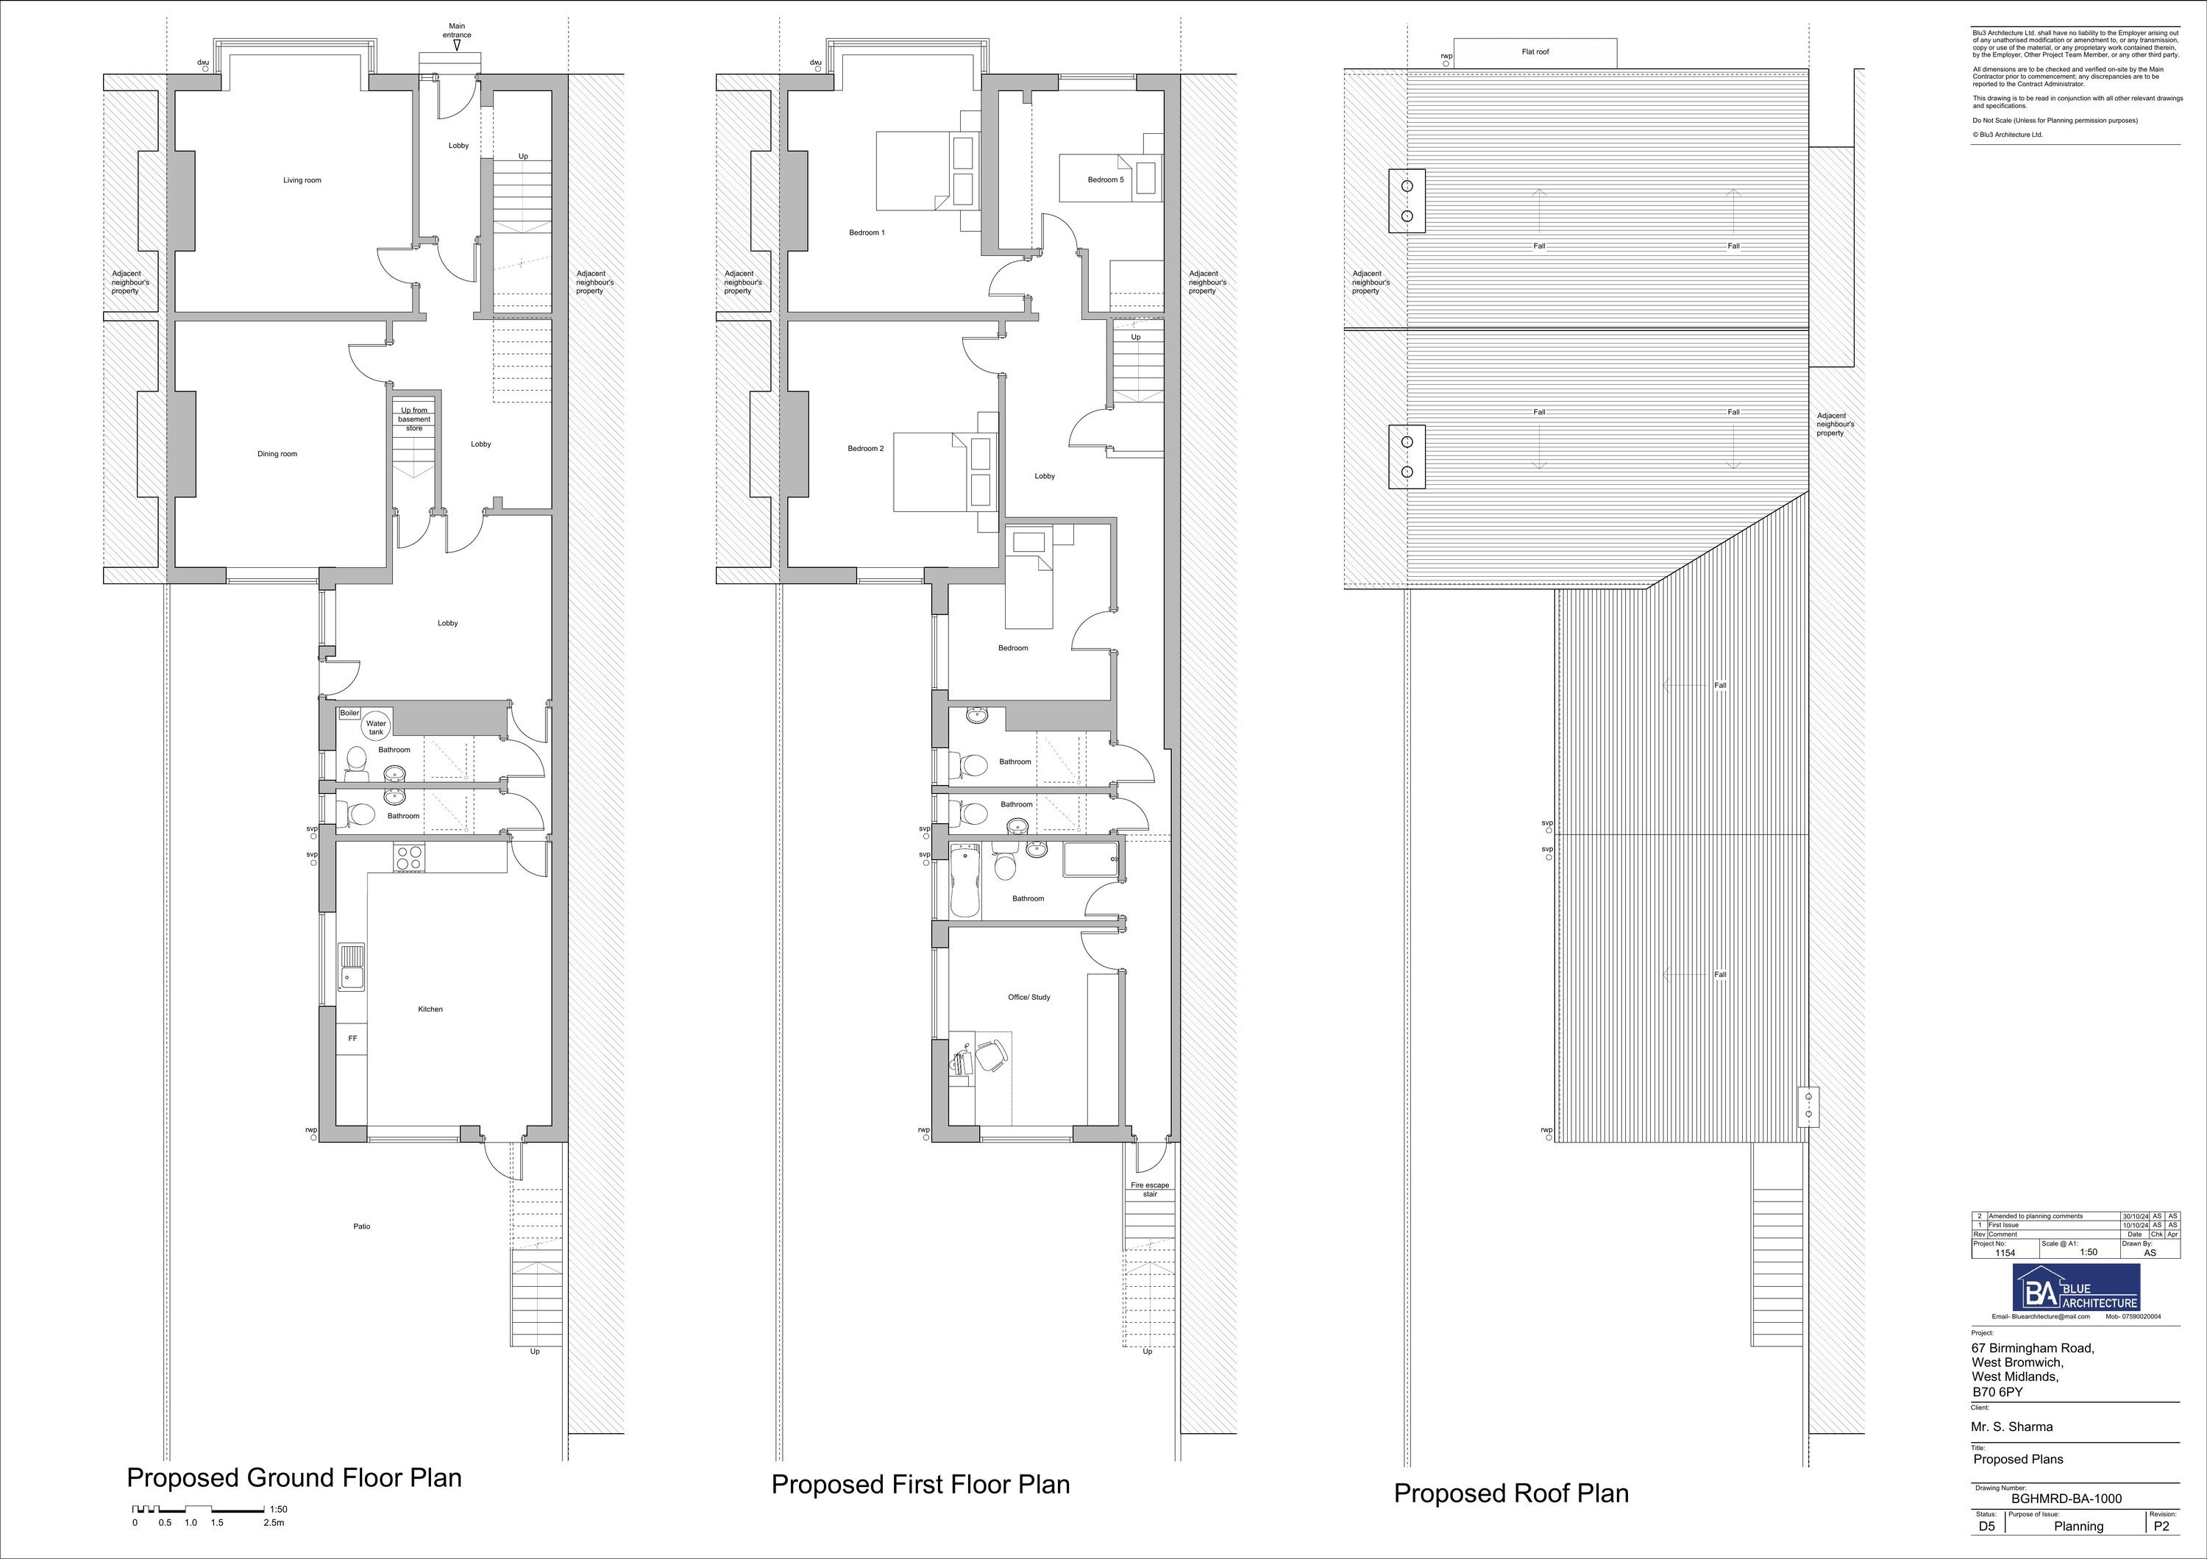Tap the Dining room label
(277, 454)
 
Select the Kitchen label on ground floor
(430, 1009)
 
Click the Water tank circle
(376, 728)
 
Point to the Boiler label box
(349, 713)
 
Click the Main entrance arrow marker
(457, 45)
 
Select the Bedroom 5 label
(1106, 180)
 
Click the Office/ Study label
(1028, 998)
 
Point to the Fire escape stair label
(1150, 1189)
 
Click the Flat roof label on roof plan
(1535, 52)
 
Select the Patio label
(361, 1226)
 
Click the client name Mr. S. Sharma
(2012, 1427)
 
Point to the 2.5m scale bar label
(274, 1522)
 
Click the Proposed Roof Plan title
(1511, 1493)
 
